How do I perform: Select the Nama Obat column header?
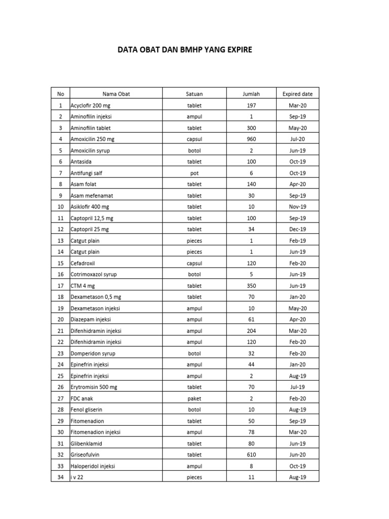click(x=116, y=94)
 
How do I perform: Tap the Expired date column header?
click(x=297, y=94)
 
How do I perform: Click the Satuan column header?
click(x=194, y=94)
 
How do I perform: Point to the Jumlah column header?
click(x=251, y=94)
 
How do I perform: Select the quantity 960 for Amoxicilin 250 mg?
click(x=251, y=139)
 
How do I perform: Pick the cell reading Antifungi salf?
click(x=86, y=173)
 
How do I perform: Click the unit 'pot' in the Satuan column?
click(x=194, y=173)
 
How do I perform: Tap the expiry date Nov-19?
click(x=297, y=207)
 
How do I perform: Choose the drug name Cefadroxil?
click(x=83, y=263)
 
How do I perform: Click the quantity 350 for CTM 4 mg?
click(x=251, y=285)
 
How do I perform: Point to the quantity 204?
click(x=251, y=330)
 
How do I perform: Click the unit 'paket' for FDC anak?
click(x=194, y=398)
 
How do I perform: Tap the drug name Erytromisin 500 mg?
click(x=94, y=387)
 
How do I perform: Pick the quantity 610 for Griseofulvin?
click(x=251, y=455)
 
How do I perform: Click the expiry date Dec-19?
click(x=297, y=229)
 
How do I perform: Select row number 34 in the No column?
click(x=60, y=477)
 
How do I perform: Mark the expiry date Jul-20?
click(x=297, y=139)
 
